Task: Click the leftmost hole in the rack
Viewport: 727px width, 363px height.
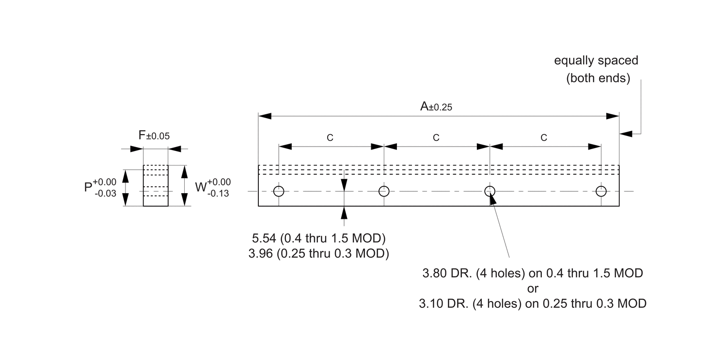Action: (x=278, y=191)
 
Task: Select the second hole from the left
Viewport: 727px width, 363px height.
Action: (x=384, y=191)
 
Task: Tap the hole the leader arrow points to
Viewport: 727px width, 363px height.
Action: (x=490, y=191)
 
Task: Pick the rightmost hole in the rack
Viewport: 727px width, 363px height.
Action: (x=601, y=191)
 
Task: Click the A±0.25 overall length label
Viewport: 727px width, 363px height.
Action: (x=436, y=107)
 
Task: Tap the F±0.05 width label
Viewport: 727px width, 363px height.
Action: (x=154, y=135)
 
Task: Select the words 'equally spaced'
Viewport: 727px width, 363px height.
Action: (x=596, y=61)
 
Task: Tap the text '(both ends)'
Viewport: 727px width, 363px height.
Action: (x=599, y=78)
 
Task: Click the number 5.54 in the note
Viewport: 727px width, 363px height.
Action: (x=264, y=238)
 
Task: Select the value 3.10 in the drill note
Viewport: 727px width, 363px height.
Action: (x=431, y=304)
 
